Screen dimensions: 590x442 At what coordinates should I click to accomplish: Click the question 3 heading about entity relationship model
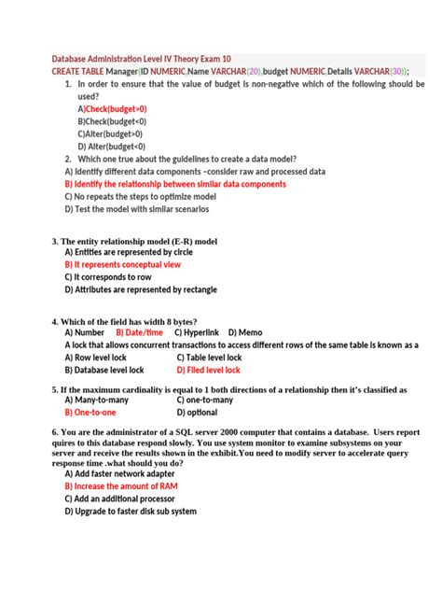point(134,240)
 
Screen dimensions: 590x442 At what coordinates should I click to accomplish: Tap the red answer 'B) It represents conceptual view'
point(129,264)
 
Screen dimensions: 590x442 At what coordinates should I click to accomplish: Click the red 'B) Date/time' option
point(140,332)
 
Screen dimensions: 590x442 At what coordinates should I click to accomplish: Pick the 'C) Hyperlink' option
point(196,332)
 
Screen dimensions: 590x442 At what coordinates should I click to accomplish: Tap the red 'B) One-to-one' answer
point(90,412)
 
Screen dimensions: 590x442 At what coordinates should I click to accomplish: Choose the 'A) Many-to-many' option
point(97,399)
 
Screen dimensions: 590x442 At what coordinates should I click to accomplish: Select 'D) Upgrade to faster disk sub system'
point(131,511)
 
